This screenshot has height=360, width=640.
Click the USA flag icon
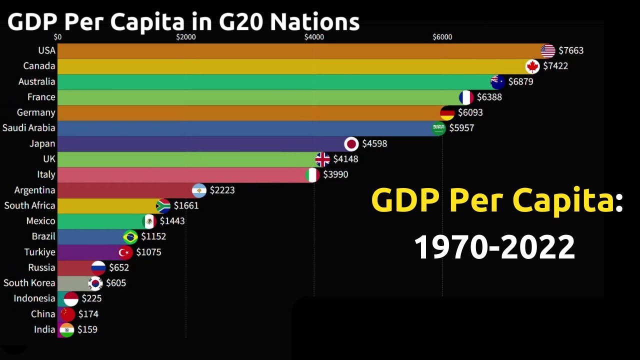(x=548, y=50)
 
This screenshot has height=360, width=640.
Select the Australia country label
(x=36, y=81)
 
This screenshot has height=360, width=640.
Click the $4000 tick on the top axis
(x=314, y=37)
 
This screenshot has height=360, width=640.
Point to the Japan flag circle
(x=352, y=144)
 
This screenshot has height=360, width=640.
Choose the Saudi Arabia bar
(x=245, y=128)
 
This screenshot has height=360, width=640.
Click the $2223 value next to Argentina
(x=222, y=190)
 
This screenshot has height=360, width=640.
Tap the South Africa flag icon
(x=163, y=206)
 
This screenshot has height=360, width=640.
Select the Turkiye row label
(x=40, y=252)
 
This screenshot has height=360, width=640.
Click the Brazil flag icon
(x=130, y=237)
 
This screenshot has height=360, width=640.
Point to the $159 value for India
(x=87, y=330)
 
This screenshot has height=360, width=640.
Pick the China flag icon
(x=67, y=314)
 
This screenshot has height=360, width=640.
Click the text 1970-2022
(x=494, y=247)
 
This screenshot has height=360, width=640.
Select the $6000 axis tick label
(x=442, y=37)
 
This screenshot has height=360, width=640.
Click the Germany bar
(x=250, y=113)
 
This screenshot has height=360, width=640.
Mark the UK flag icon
(x=322, y=159)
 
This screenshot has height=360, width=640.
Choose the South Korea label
(x=29, y=283)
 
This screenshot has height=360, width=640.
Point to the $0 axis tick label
(x=57, y=37)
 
